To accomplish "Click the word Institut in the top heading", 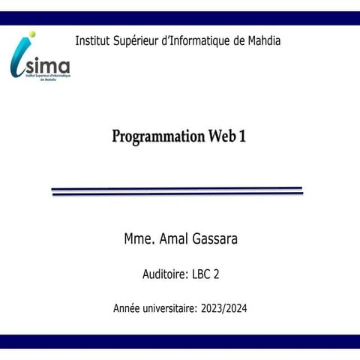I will (94, 40).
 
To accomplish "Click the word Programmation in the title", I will (157, 137).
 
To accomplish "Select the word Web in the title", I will (221, 136).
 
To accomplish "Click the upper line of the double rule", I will (177, 188).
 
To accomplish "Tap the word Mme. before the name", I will (139, 239).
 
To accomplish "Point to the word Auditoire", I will (165, 274).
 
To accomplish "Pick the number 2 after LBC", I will (217, 274).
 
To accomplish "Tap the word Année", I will (128, 308).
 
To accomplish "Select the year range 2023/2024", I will (224, 308).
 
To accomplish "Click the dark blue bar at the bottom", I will (180, 341).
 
